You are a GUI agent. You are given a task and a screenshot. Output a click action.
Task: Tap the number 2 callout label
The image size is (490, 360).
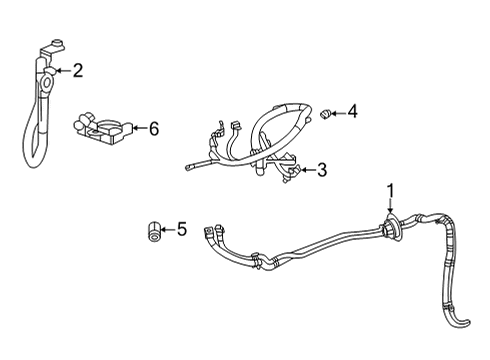click(77, 70)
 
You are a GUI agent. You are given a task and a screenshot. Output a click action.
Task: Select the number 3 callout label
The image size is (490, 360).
click(322, 171)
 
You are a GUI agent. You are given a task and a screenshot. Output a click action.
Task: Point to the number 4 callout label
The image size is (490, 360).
click(352, 112)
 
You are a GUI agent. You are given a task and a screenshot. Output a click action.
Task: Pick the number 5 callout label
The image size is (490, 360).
click(181, 230)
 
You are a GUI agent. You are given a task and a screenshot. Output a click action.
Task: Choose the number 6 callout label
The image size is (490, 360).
click(153, 128)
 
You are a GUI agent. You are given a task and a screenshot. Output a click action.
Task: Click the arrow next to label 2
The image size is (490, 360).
click(62, 70)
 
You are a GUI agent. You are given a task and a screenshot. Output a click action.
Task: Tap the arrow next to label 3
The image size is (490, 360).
click(307, 171)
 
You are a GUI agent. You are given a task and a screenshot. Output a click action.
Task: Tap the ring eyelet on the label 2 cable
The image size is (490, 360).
click(46, 84)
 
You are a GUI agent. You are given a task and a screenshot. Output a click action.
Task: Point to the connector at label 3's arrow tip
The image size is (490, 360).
click(291, 172)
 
